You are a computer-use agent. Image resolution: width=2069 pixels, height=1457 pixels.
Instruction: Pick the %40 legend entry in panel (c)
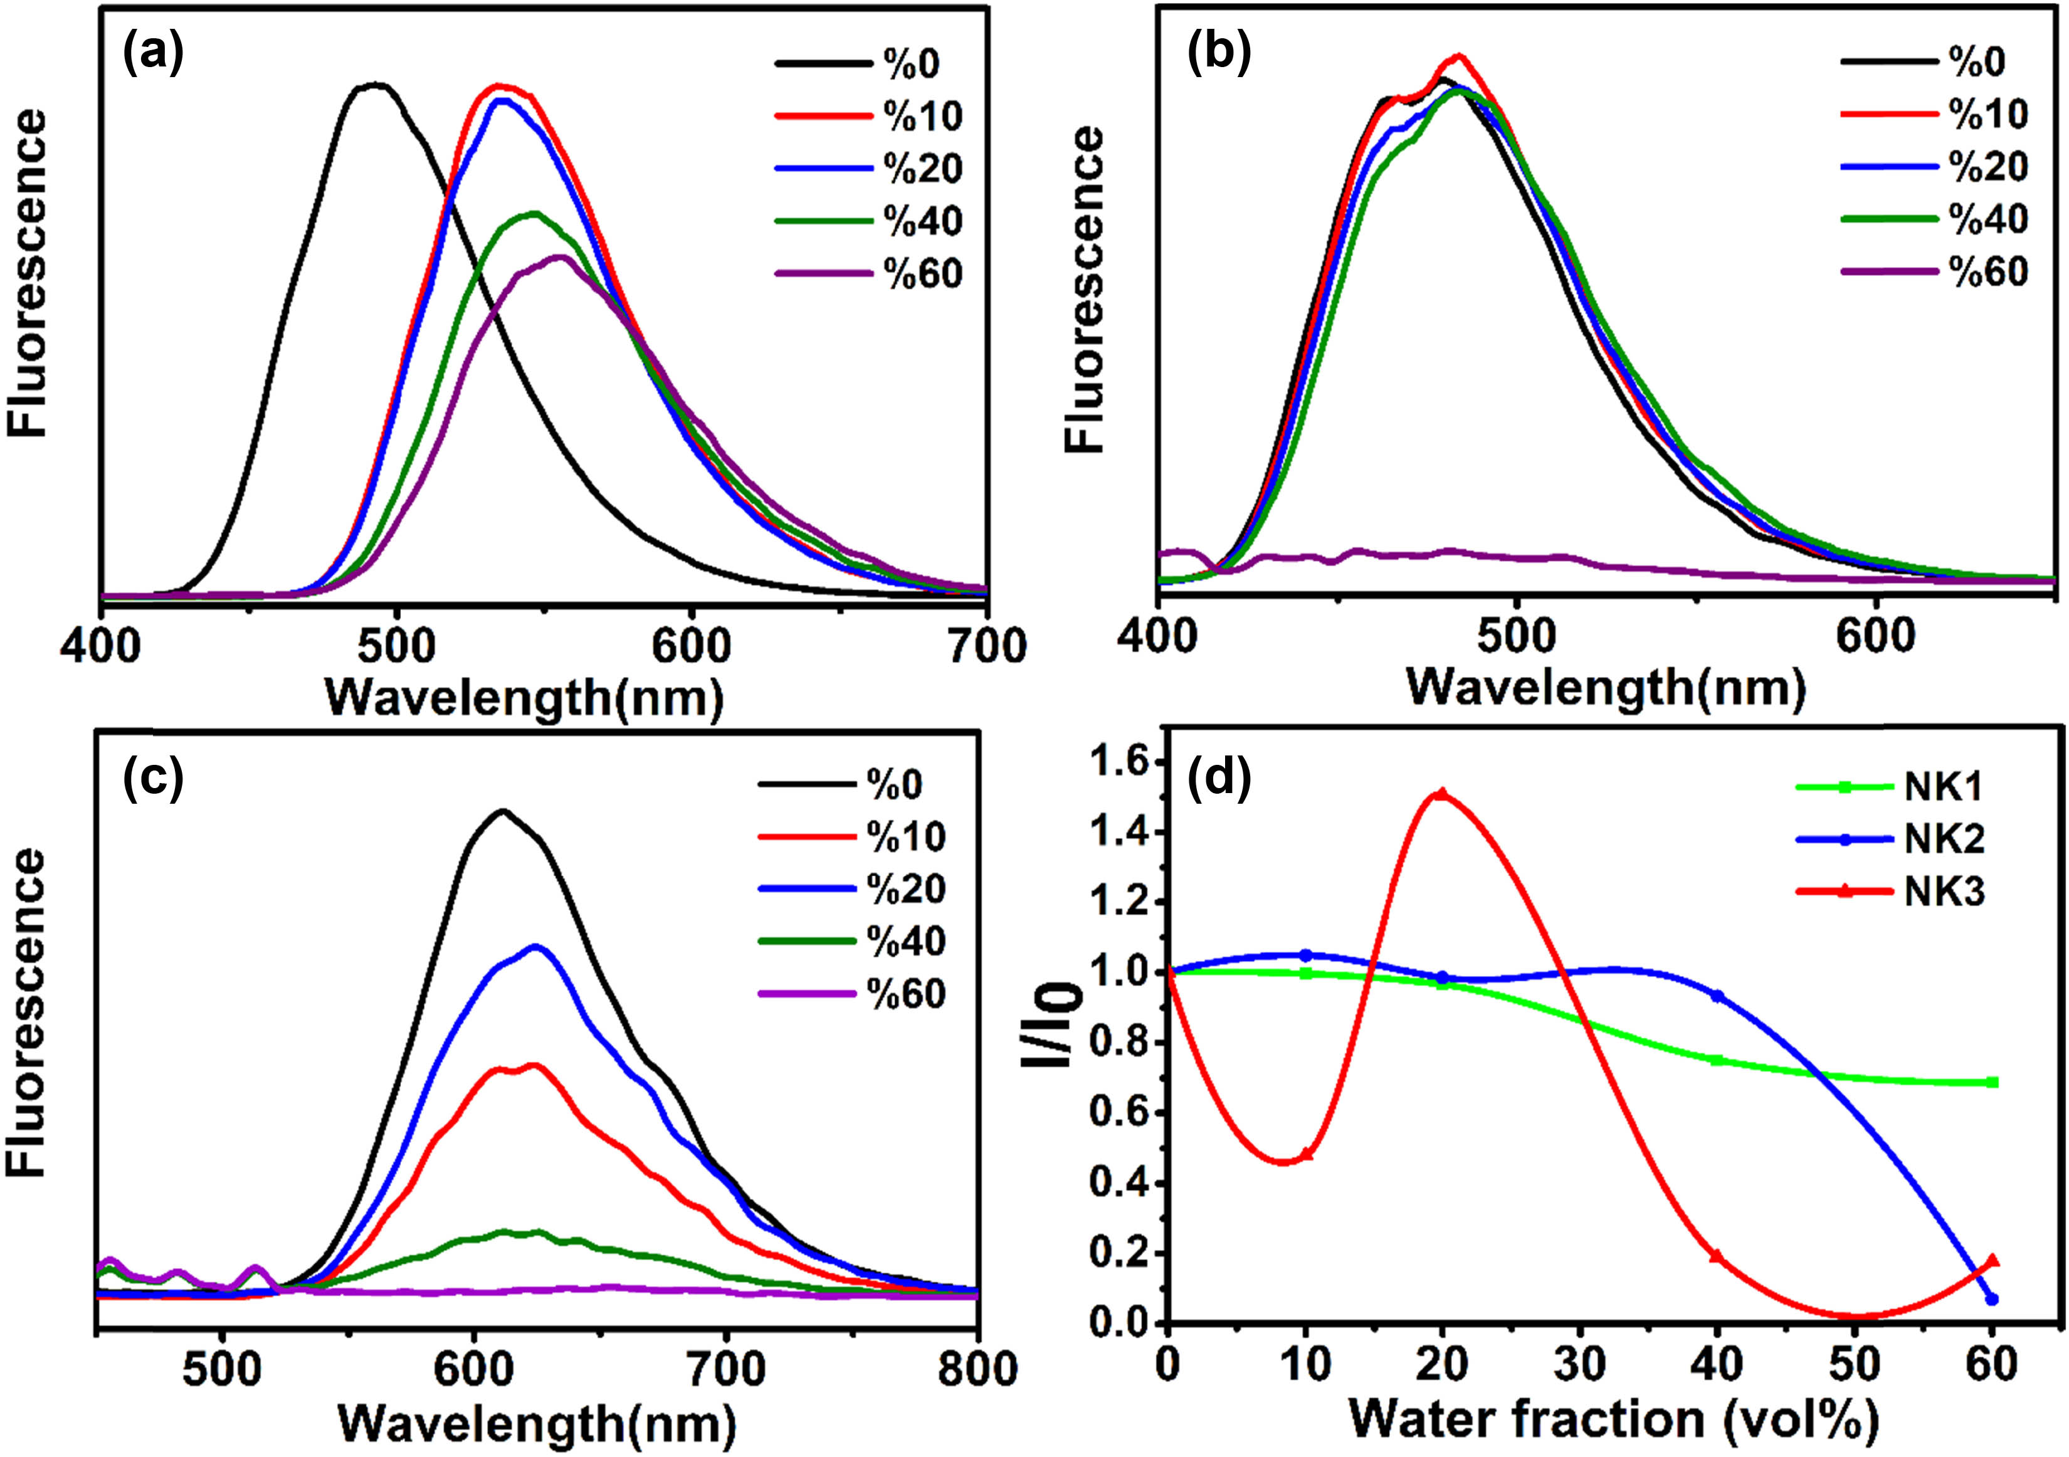click(x=905, y=942)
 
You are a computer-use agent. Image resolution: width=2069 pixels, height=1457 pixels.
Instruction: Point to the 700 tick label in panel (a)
click(x=989, y=647)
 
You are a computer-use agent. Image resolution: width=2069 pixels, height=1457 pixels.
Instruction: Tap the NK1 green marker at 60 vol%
click(x=1991, y=1082)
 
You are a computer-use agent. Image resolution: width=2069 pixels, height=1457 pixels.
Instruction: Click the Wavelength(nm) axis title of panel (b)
click(x=1605, y=689)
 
